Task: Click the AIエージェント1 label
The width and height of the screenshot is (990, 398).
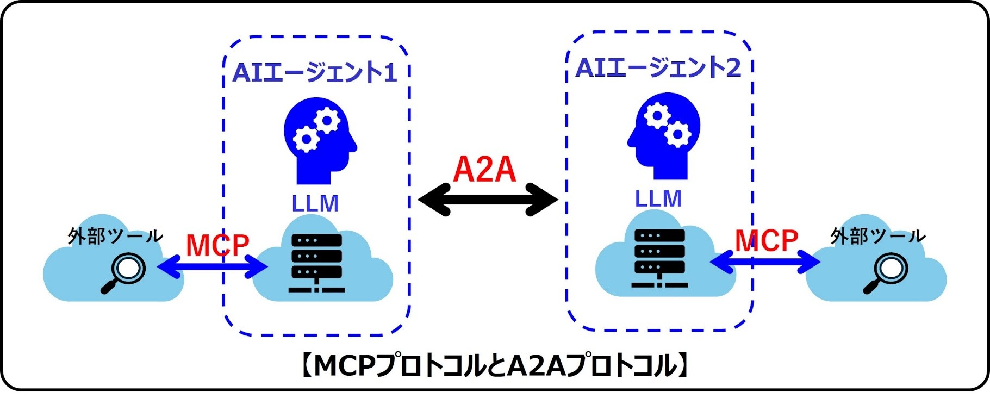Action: click(314, 72)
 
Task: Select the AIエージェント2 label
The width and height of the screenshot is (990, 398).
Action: click(658, 68)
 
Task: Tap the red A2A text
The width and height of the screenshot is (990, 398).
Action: click(484, 170)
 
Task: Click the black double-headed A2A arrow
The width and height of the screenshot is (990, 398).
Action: click(488, 200)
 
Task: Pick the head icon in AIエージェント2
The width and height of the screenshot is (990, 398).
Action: click(664, 135)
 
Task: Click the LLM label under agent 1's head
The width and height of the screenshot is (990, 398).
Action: click(315, 204)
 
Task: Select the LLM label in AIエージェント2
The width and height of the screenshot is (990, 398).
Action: click(658, 199)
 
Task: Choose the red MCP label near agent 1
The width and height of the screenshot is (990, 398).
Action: click(217, 245)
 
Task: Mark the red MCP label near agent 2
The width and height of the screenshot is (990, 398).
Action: click(767, 240)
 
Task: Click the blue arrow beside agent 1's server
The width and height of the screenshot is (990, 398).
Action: click(213, 267)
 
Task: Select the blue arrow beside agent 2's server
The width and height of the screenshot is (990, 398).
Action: click(765, 263)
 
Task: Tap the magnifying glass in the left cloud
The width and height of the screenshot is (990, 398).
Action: click(124, 273)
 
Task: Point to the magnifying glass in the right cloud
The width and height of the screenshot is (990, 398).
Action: click(886, 273)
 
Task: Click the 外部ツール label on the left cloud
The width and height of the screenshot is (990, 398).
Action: click(115, 236)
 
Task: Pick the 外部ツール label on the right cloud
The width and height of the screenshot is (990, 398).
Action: click(877, 236)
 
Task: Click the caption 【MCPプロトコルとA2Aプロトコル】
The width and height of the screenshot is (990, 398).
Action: click(495, 366)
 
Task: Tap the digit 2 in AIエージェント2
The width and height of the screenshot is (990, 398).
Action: click(733, 68)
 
